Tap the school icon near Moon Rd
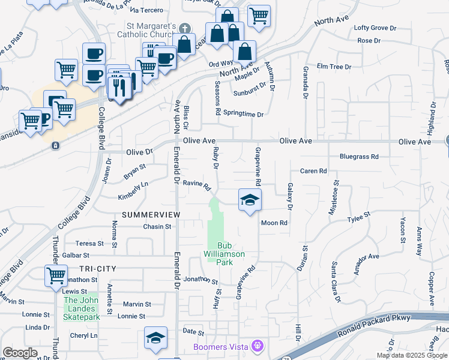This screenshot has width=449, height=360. pos(250,200)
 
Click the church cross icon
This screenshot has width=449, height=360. pos(185,28)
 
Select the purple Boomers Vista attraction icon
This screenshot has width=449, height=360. pos(259,346)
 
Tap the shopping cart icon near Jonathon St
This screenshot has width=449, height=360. pos(56,276)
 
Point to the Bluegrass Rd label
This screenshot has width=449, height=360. pos(359,157)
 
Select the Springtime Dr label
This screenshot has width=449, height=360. pos(243,113)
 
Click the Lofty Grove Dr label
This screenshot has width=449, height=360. pos(375,28)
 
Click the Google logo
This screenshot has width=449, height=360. pos(20,353)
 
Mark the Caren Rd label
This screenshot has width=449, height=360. pos(313,171)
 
